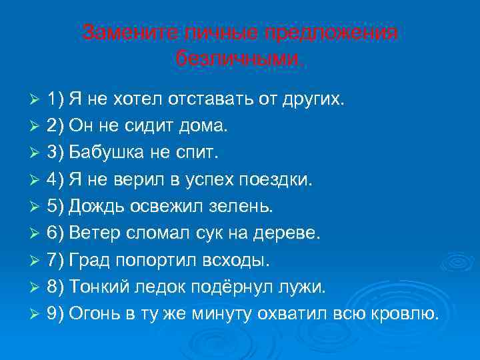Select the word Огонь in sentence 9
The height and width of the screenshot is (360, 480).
coord(91,313)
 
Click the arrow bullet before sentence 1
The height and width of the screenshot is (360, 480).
coord(37,100)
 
